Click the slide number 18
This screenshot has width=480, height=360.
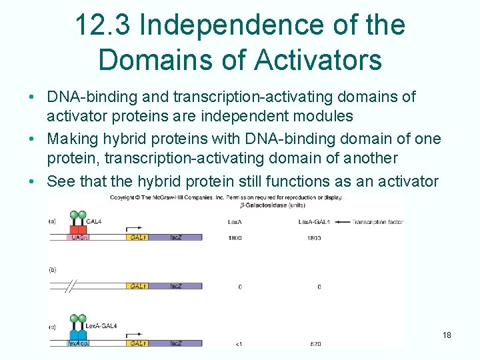pos(447,335)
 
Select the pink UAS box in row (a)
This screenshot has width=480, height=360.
pos(79,237)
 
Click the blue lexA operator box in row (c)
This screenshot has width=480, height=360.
pos(77,343)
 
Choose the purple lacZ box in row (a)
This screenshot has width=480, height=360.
pos(176,237)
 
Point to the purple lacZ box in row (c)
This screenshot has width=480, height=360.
pos(176,343)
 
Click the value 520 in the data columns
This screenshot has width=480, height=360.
pos(315,344)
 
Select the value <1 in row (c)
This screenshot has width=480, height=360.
pos(238,344)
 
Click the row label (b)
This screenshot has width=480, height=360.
pos(53,269)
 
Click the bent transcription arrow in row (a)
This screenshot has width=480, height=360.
pos(134,225)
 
